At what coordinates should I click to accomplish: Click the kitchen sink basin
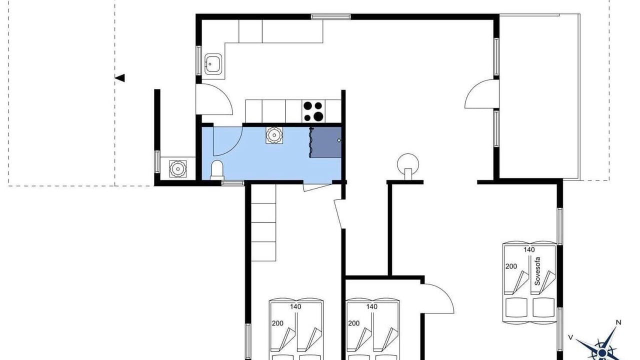[x=213, y=64]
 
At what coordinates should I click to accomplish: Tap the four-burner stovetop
[x=313, y=111]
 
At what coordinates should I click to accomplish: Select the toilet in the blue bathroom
[x=217, y=170]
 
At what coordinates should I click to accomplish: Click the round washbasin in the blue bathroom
[x=274, y=135]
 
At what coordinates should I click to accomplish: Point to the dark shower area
[x=325, y=142]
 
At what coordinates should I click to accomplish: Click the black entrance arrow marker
[x=119, y=77]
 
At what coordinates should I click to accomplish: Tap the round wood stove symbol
[x=408, y=165]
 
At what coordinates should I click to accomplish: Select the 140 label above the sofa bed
[x=529, y=249]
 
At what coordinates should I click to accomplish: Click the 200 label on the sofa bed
[x=511, y=266]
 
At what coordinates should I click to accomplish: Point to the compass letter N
[x=618, y=322]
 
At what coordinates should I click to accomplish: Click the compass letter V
[x=570, y=337]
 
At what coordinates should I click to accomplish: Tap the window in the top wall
[x=331, y=16]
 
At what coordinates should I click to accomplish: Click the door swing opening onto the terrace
[x=482, y=94]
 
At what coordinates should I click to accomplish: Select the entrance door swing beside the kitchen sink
[x=214, y=99]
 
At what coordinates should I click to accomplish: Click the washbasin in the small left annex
[x=178, y=168]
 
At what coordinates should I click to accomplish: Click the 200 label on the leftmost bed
[x=277, y=323]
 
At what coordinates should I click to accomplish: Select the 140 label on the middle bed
[x=371, y=307]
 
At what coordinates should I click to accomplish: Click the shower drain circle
[x=339, y=140]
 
